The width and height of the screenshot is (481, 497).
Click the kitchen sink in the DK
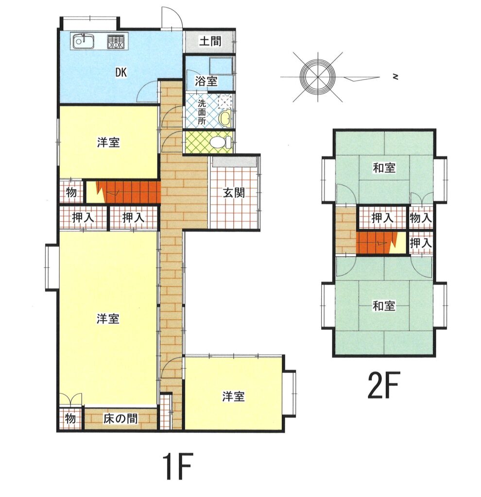coord(84,41)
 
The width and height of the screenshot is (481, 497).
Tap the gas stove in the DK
coord(116,41)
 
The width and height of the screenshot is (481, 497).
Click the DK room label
coord(121,73)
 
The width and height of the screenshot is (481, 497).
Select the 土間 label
coord(210,41)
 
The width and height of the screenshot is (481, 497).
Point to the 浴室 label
coord(206,81)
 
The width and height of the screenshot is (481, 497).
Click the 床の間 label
coord(120,419)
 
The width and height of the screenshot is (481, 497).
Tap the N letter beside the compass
coord(395,76)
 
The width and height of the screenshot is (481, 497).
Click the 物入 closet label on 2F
coord(421,217)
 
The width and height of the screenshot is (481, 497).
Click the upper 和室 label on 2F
coord(384,167)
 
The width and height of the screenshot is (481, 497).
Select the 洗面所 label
coord(202,112)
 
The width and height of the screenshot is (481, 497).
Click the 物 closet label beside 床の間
coord(70,418)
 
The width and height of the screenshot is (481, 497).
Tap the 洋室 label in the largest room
coord(108,318)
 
